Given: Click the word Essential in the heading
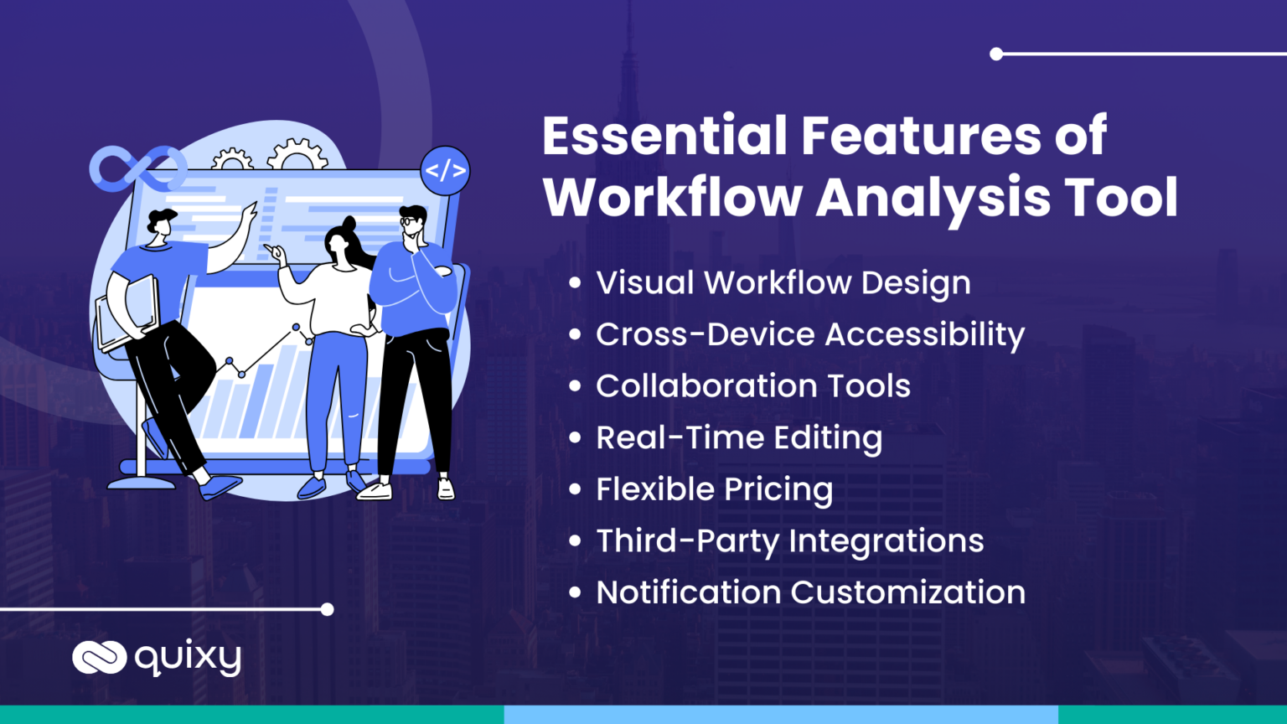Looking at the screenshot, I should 664,136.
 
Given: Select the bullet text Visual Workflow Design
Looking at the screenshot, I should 783,283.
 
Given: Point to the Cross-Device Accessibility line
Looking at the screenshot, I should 809,334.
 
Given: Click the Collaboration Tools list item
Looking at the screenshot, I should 752,386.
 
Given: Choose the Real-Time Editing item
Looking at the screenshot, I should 738,438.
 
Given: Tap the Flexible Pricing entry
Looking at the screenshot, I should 714,489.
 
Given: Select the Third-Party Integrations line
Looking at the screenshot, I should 789,541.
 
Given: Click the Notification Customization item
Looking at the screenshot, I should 810,592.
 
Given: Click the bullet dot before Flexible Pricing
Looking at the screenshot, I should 575,489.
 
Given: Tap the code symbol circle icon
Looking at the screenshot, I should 445,170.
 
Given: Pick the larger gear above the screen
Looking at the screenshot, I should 297,155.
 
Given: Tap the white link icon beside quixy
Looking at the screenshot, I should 99,657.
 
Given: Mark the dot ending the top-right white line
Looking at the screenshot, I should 996,54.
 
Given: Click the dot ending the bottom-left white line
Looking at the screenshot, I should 328,609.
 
